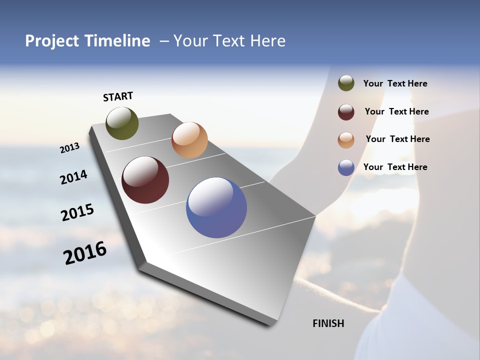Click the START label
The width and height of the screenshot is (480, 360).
[x=118, y=96]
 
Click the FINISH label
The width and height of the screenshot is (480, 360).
[x=328, y=323]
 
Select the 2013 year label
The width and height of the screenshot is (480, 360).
[x=70, y=148]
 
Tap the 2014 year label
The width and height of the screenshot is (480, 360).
[x=73, y=177]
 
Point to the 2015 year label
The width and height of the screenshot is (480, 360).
[x=77, y=212]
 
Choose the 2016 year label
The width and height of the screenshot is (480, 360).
[x=85, y=252]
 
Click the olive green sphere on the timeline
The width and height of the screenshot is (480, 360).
[x=122, y=123]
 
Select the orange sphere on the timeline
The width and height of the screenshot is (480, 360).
[x=189, y=140]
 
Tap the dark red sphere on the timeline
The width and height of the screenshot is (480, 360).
[x=145, y=180]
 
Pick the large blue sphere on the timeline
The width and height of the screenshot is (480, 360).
[x=216, y=207]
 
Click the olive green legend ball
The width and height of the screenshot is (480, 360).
[x=346, y=83]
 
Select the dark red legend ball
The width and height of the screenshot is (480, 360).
[x=346, y=112]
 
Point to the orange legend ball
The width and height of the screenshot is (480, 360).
[x=346, y=140]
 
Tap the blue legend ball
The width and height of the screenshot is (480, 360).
[x=346, y=167]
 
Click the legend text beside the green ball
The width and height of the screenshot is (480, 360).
[x=395, y=83]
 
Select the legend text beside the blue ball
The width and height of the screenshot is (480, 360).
[x=395, y=167]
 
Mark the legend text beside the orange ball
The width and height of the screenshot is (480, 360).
[x=397, y=139]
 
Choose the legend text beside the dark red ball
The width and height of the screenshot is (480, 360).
[x=396, y=111]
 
